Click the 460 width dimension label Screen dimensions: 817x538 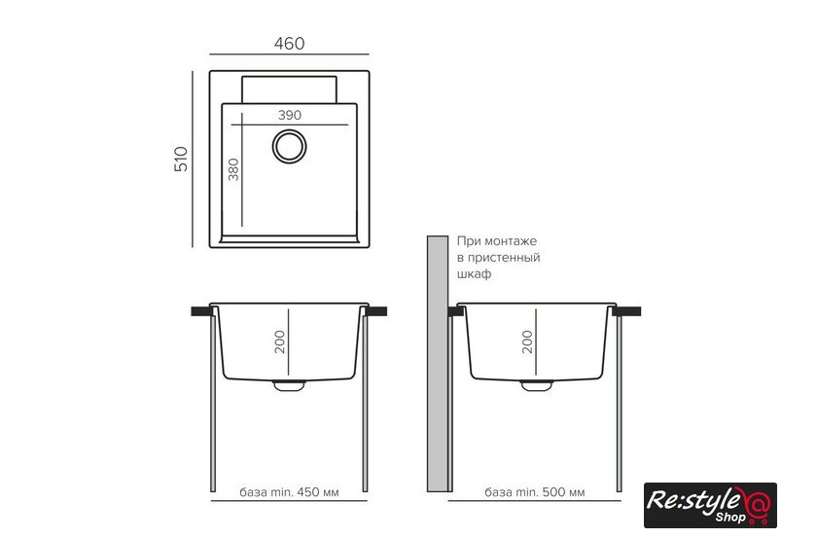click(x=289, y=43)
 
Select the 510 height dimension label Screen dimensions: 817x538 click(x=181, y=159)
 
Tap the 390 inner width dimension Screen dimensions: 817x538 click(x=289, y=115)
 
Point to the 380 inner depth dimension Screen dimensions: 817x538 click(x=233, y=169)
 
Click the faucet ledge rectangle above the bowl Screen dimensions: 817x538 click(x=289, y=90)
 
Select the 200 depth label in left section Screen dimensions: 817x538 click(x=280, y=342)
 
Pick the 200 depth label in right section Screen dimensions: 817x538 click(x=527, y=342)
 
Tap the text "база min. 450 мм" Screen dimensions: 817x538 click(x=289, y=492)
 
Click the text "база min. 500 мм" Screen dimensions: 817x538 click(x=535, y=492)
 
